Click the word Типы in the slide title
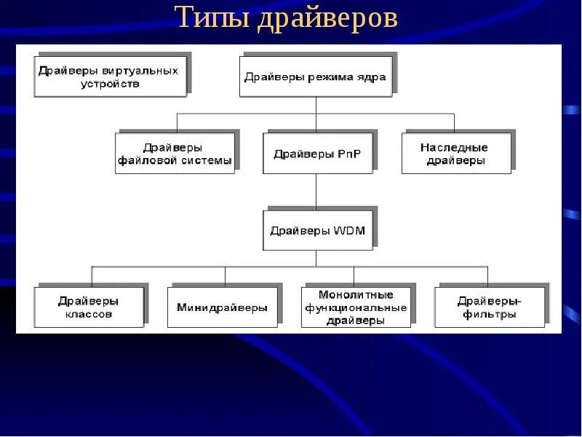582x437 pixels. pos(212,18)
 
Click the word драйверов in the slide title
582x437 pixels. pos(327,18)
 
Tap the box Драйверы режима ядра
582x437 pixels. pos(316,76)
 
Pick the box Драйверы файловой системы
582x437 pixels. pos(175,153)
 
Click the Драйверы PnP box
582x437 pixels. pos(317,153)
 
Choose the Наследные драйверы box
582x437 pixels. pos(455,153)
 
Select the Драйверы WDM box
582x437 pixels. pos(317,230)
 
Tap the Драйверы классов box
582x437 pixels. pos(89,307)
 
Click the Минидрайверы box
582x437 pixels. pos(222,307)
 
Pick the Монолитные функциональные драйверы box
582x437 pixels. pos(356,307)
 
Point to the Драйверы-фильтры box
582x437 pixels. pos(489,307)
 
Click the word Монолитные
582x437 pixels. pos(356,295)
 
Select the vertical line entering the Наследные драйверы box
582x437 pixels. pos(455,122)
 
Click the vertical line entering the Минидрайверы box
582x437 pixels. pos(225,276)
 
